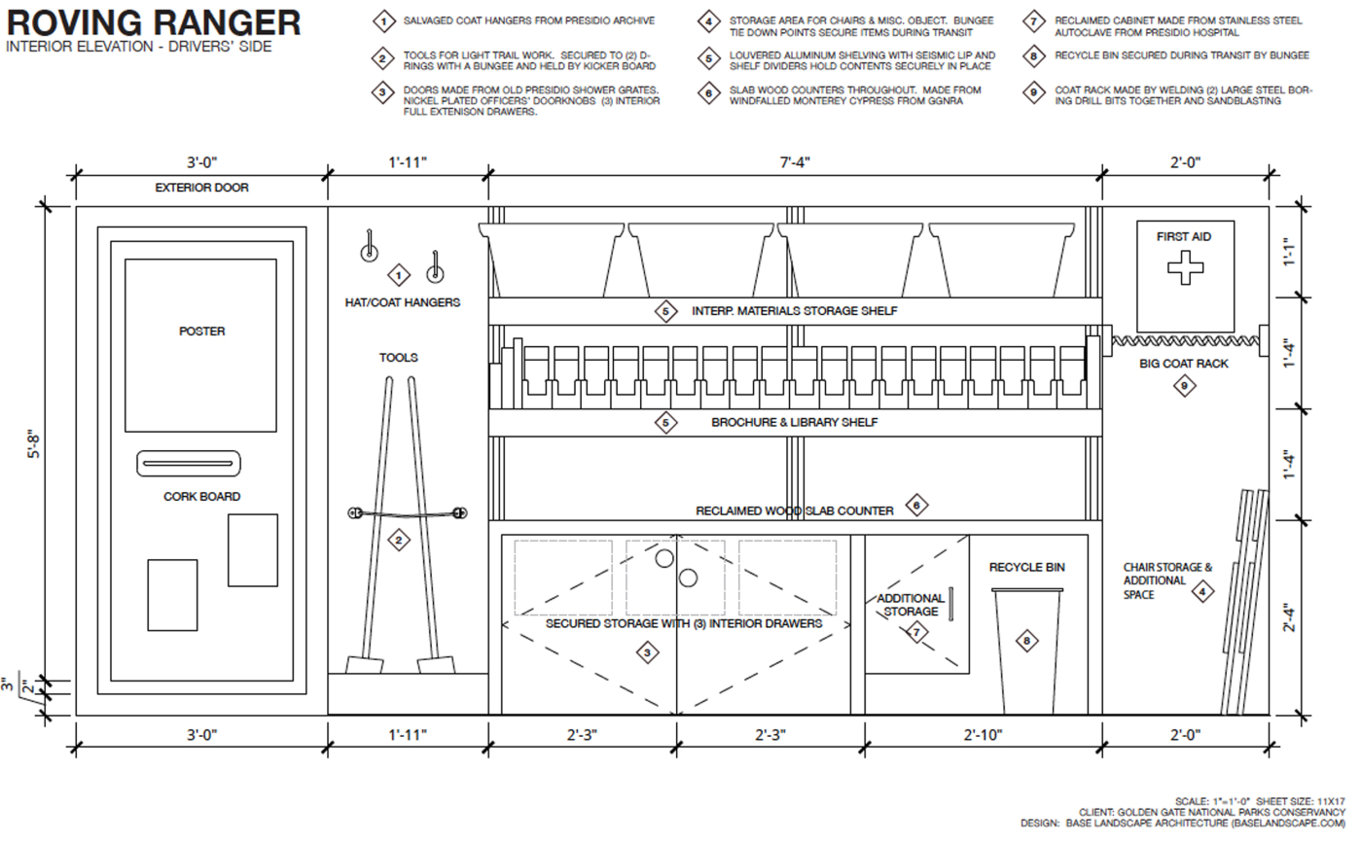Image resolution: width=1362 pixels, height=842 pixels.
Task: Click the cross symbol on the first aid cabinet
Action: coord(1184,267)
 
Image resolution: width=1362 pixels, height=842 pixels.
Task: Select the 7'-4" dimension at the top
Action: coord(795,162)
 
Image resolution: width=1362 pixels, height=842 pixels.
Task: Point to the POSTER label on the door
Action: coord(201,331)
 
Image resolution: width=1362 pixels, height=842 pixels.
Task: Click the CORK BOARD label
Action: coord(201,497)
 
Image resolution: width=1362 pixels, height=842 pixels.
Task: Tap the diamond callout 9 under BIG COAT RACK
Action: coord(1184,386)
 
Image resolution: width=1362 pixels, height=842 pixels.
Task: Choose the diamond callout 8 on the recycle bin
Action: coord(1026,640)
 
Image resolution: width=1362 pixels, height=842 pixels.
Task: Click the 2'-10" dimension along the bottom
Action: coord(982,735)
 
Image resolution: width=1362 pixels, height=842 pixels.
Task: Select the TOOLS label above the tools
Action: coord(399,358)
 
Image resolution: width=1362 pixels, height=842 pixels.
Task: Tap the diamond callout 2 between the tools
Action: coord(398,541)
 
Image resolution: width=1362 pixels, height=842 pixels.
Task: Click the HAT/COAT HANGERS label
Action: coord(403,302)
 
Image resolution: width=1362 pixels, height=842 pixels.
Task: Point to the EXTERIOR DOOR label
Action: coord(201,188)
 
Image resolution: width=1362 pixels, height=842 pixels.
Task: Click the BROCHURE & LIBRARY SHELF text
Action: coord(795,423)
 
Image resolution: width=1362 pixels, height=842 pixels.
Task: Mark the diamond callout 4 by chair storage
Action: coord(1202,590)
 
